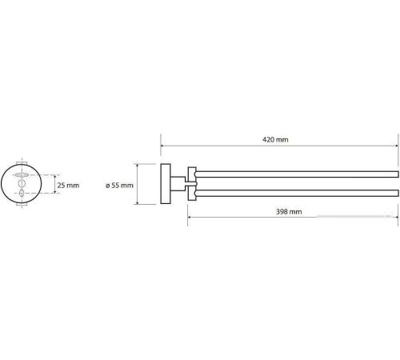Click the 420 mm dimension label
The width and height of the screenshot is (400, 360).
pyautogui.click(x=275, y=139)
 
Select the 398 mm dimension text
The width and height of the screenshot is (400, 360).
pyautogui.click(x=289, y=212)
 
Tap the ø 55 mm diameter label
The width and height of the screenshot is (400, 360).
pyautogui.click(x=119, y=186)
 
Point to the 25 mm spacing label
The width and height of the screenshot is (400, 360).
pyautogui.click(x=68, y=185)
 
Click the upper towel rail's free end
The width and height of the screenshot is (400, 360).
pyautogui.click(x=398, y=174)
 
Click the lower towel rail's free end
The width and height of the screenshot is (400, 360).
pyautogui.click(x=398, y=193)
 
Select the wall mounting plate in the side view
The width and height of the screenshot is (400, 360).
pyautogui.click(x=166, y=184)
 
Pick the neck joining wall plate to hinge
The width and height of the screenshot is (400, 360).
pyautogui.click(x=178, y=183)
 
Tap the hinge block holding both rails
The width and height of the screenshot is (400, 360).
pyautogui.click(x=192, y=184)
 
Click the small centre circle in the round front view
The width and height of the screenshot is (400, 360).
pyautogui.click(x=22, y=183)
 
